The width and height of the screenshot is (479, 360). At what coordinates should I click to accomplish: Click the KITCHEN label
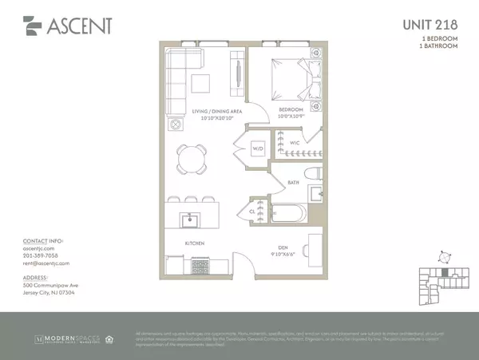click(x=195, y=242)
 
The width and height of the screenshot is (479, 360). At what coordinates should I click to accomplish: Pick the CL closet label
click(x=253, y=212)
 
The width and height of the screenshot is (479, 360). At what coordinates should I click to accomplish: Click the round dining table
click(x=192, y=160)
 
